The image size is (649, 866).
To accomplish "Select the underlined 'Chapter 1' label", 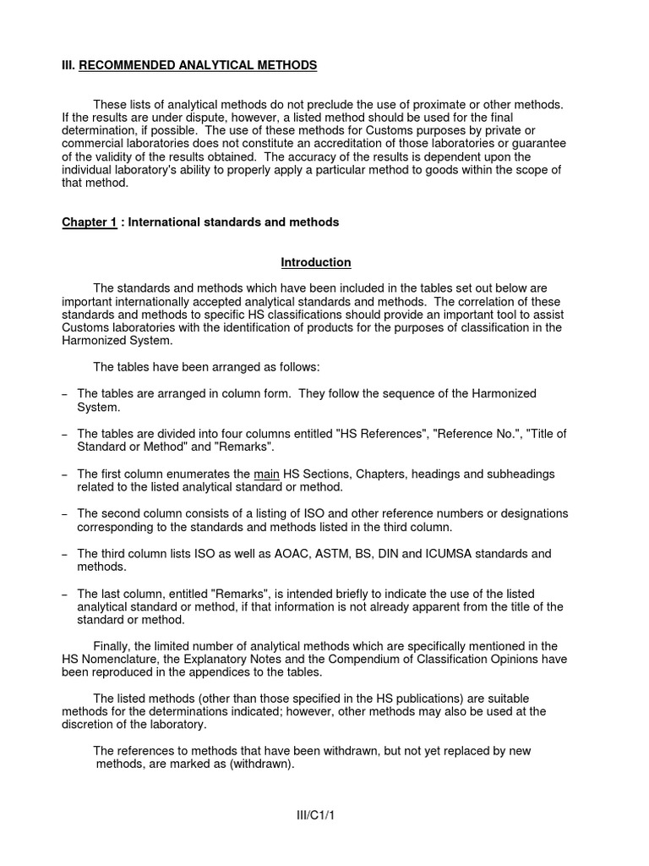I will tap(89, 222).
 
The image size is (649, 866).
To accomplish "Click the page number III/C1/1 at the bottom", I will tap(316, 814).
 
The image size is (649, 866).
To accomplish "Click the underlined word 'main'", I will tap(268, 474).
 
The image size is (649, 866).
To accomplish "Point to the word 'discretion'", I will tap(91, 725).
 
